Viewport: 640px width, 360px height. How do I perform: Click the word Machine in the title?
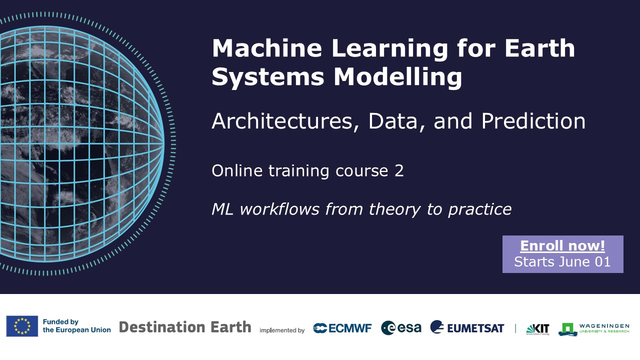pos(267,48)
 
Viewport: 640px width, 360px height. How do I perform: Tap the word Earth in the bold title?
pos(539,48)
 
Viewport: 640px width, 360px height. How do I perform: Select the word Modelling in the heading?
pos(397,77)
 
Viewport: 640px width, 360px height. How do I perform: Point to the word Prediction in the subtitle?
pos(533,121)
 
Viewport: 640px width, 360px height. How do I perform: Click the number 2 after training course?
pos(399,171)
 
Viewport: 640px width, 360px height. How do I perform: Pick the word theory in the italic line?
pos(394,209)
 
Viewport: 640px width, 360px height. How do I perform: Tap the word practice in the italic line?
pos(479,209)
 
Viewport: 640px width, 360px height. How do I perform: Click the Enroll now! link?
pos(562,246)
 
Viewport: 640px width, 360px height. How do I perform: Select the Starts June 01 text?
pos(562,261)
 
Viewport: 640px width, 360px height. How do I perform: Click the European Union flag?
pos(22,326)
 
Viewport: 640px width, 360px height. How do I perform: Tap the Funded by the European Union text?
pos(76,326)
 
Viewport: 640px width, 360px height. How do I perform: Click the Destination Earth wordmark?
pos(185,327)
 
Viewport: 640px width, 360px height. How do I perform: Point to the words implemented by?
pos(282,330)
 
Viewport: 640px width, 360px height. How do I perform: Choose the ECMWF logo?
pos(342,328)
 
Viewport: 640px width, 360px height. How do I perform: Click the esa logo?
pos(401,327)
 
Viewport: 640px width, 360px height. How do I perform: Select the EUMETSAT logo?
pos(467,327)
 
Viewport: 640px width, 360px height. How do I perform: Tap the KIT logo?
pos(537,329)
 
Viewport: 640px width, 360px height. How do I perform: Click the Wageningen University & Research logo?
pos(593,329)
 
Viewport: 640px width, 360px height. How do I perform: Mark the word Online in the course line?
pos(237,171)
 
